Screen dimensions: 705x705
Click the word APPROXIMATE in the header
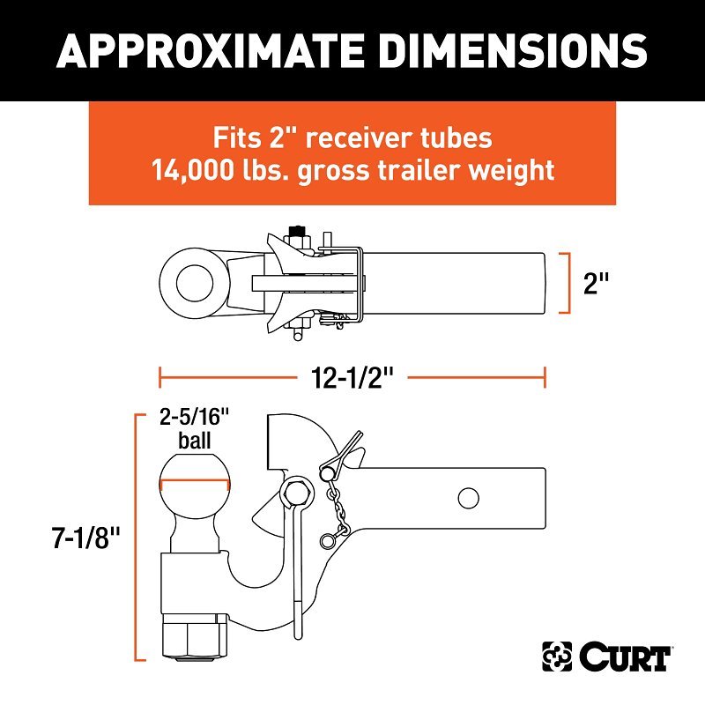(210, 50)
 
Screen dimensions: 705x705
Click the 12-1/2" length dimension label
(352, 378)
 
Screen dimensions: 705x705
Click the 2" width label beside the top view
(597, 283)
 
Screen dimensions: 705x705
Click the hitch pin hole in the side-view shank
(468, 498)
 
